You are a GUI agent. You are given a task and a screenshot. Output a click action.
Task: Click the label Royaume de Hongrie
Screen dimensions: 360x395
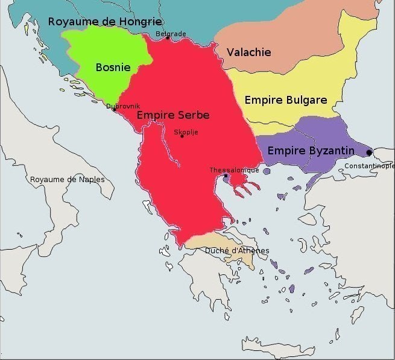[x=104, y=22]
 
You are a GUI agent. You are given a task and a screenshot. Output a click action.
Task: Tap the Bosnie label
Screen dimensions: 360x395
[x=113, y=68]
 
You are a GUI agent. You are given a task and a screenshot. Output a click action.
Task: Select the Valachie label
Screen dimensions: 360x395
[x=248, y=52]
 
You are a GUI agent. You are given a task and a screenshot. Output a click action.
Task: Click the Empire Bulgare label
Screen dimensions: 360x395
[x=285, y=100]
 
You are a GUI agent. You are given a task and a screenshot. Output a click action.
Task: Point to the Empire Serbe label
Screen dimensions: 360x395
[x=173, y=115]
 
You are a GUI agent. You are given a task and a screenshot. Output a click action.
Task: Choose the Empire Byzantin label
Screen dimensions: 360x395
[x=311, y=151]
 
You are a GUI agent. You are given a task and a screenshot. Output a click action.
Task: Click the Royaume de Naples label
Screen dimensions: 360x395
[x=67, y=180]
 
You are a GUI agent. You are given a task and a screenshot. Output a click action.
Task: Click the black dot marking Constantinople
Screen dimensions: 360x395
[x=369, y=153]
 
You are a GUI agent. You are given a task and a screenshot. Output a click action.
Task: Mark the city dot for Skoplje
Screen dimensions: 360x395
[x=182, y=136]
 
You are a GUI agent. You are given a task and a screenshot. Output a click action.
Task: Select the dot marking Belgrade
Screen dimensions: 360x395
[x=168, y=39]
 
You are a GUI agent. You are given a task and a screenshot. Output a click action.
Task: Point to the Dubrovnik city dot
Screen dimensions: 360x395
[x=114, y=110]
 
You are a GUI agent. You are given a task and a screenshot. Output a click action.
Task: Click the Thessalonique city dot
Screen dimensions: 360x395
[x=226, y=176]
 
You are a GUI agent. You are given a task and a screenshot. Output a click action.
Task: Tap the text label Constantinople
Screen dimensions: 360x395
[x=369, y=166]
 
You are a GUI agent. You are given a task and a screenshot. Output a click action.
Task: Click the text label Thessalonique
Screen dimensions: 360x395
[x=234, y=170]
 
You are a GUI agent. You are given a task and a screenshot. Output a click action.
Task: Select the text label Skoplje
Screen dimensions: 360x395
[x=185, y=131]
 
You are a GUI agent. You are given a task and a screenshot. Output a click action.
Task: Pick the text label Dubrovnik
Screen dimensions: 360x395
[x=123, y=106]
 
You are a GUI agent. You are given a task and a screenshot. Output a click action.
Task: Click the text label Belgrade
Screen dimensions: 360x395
[x=171, y=34]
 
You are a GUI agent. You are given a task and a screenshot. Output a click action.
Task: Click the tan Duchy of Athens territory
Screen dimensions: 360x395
[x=205, y=243]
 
